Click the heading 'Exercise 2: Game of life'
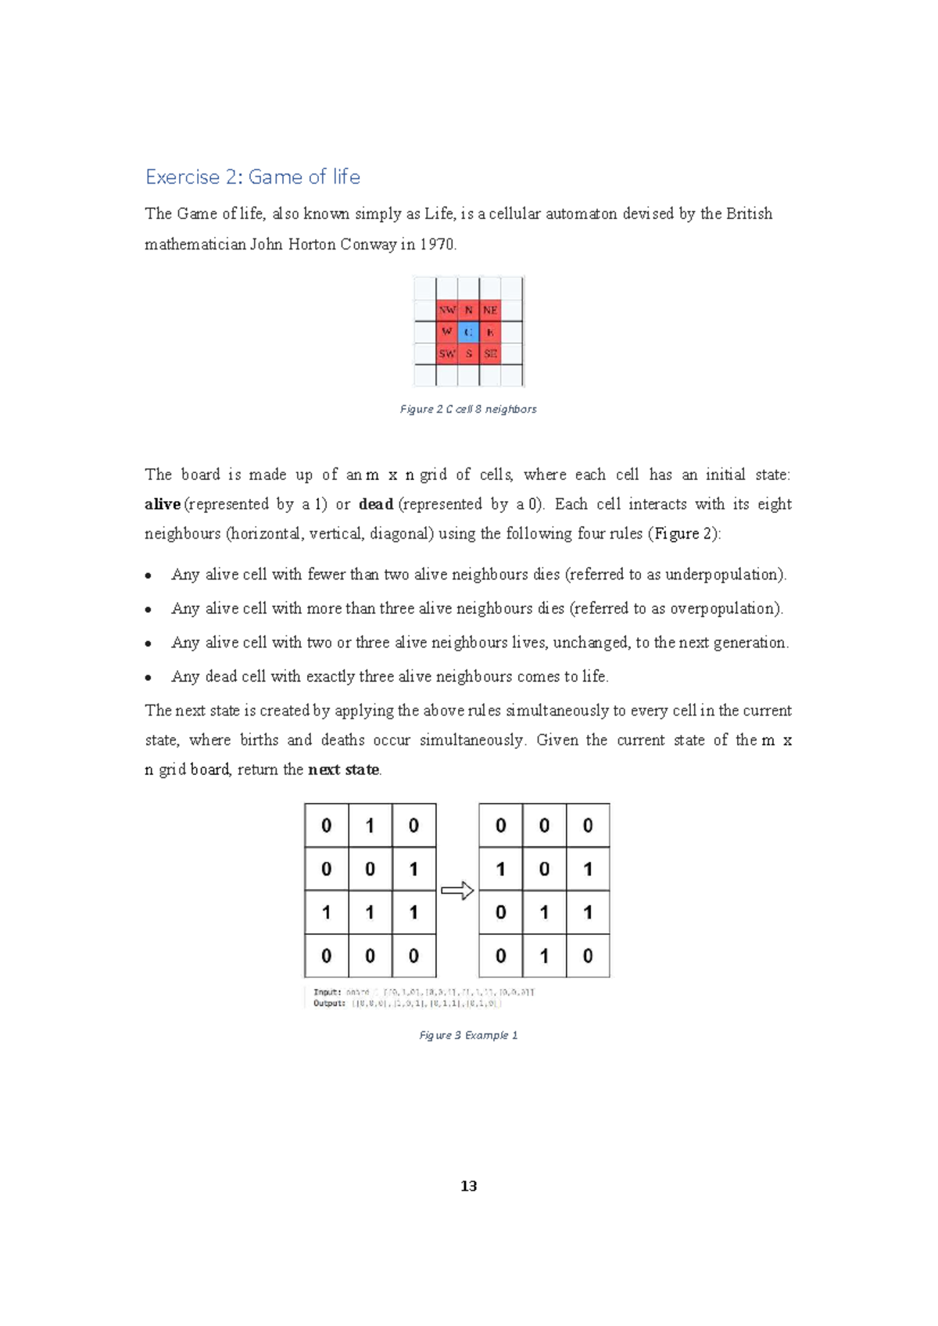click(x=252, y=177)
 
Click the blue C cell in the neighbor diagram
click(x=468, y=332)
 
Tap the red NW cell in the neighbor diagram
click(x=446, y=310)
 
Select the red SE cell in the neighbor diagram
click(x=490, y=354)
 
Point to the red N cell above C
click(x=468, y=310)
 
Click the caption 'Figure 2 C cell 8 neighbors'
click(x=468, y=409)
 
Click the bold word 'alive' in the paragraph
click(x=163, y=504)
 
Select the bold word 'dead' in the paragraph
click(x=375, y=504)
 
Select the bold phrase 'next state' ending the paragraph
click(x=344, y=770)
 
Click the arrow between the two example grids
click(x=457, y=891)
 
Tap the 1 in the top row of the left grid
click(x=370, y=826)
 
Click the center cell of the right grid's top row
click(x=544, y=826)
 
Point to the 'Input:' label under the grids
click(x=327, y=992)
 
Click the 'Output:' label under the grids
click(x=329, y=1003)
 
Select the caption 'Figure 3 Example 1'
click(x=468, y=1035)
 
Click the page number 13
click(x=468, y=1186)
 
